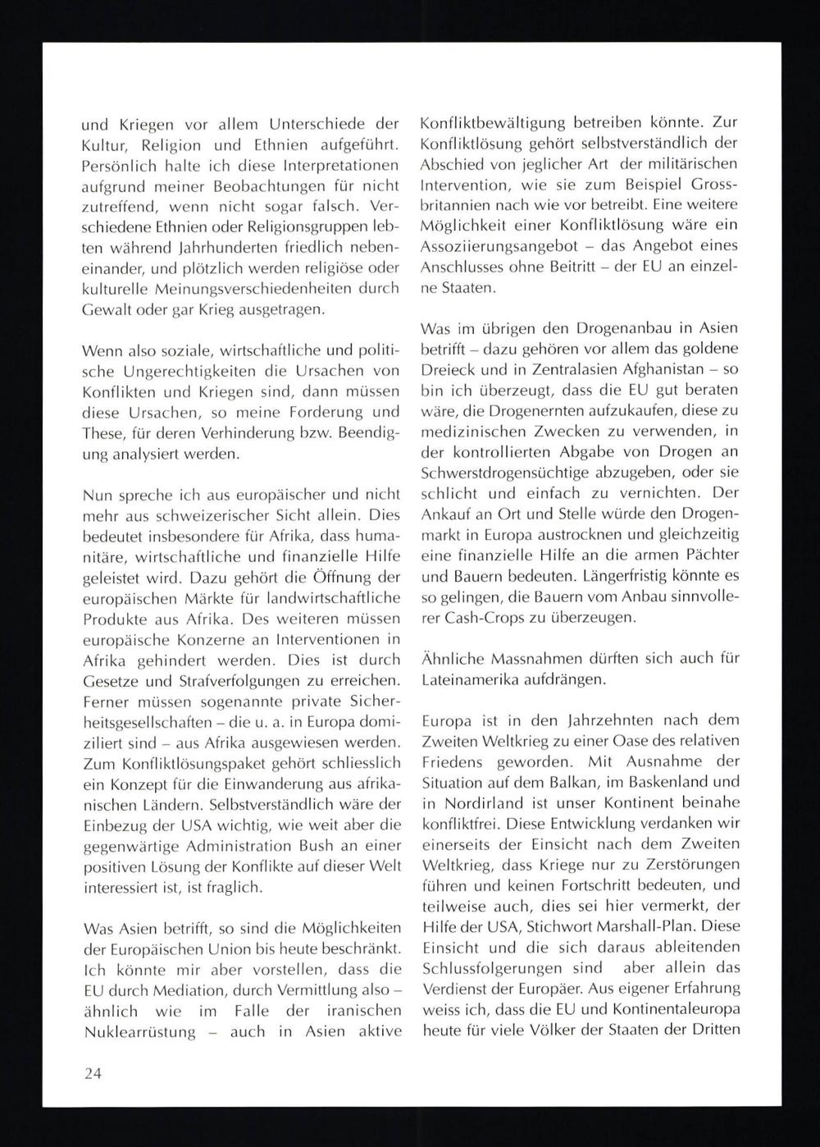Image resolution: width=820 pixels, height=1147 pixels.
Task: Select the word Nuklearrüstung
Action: pos(140,1032)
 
